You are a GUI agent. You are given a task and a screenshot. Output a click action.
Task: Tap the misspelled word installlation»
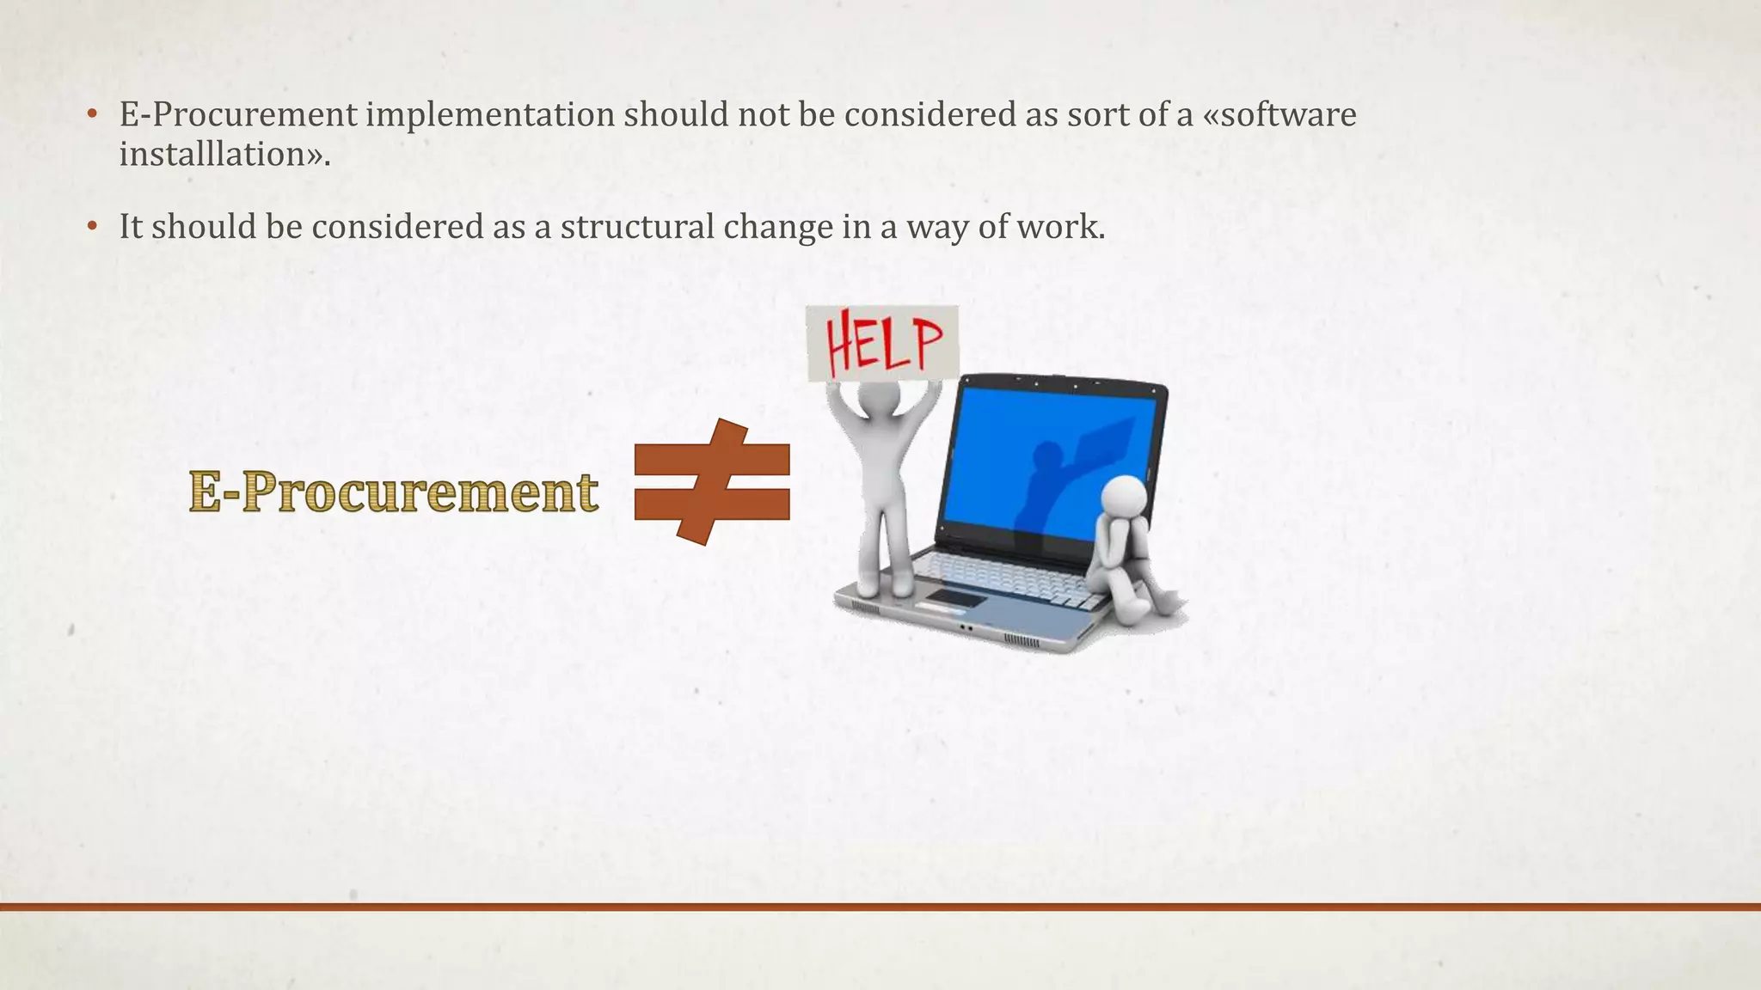coord(224,155)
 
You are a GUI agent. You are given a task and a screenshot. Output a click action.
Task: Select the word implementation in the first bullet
coord(490,114)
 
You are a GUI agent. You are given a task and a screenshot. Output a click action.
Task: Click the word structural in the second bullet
coord(637,227)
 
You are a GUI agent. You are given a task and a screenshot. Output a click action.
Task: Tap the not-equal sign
coord(712,482)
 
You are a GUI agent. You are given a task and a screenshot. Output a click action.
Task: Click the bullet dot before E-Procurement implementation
coord(92,115)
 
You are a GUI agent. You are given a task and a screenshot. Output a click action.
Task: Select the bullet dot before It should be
coord(92,228)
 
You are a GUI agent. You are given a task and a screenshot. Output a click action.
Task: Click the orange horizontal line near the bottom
coord(880,907)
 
